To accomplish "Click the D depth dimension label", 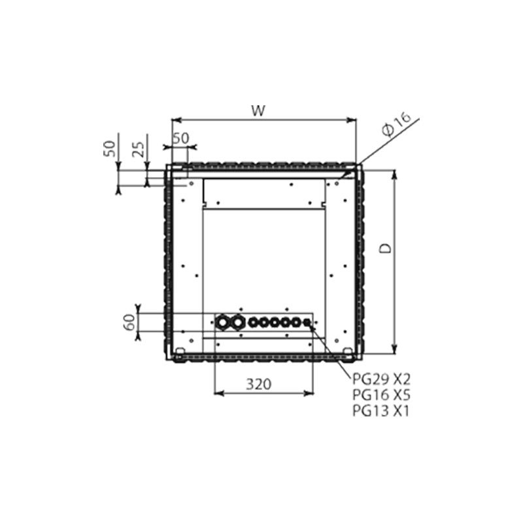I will pos(386,248).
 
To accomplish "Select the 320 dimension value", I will pos(260,384).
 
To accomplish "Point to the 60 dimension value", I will pos(129,322).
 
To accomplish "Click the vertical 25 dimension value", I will pos(137,150).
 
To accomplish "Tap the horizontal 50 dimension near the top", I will pos(180,138).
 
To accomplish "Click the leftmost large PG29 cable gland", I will pos(223,322).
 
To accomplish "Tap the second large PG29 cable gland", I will pos(237,322).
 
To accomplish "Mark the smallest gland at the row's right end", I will pos(307,322).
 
